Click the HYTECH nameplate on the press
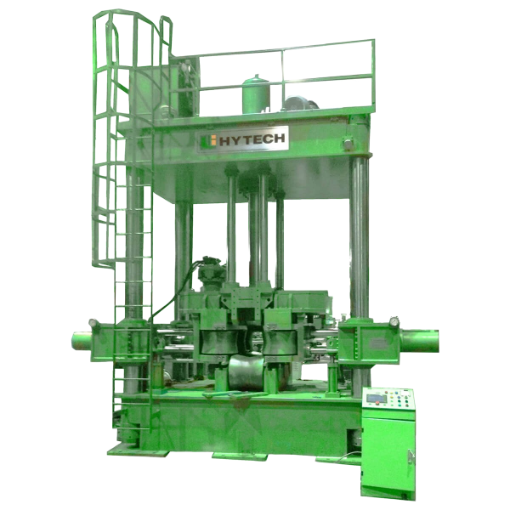[242, 139]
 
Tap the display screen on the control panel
[376, 398]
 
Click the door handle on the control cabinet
[411, 456]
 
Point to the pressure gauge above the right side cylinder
[394, 321]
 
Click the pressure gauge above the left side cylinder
[93, 323]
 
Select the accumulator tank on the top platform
[256, 94]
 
